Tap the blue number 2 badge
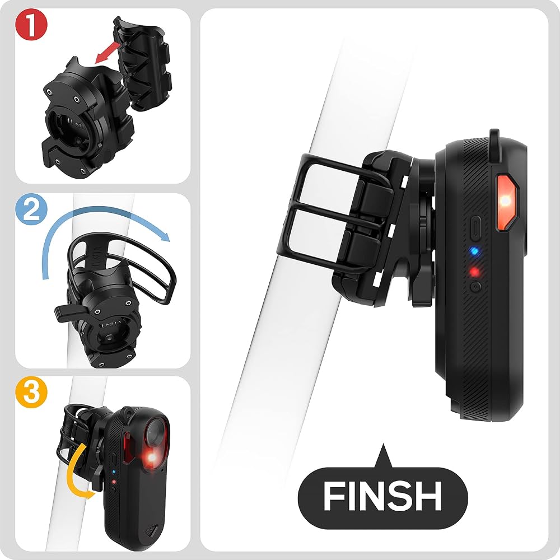coord(31,209)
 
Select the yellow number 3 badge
coord(31,392)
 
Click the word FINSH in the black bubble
coord(382,496)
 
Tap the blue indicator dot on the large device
coord(474,251)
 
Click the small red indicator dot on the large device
coord(474,272)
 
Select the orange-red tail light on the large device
coord(506,202)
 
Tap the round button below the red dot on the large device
coord(475,287)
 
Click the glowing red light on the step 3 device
coord(152,458)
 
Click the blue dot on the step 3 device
coord(113,472)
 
